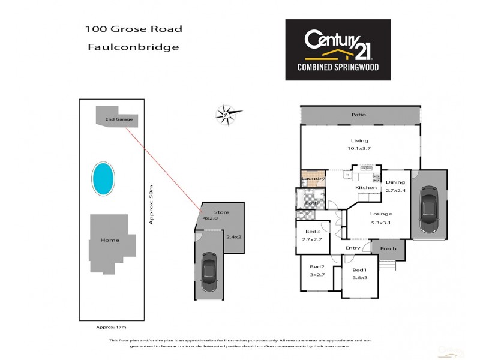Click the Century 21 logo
click(x=337, y=49)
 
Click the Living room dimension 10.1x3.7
click(x=360, y=148)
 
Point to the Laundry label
click(x=314, y=179)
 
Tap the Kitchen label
click(x=366, y=188)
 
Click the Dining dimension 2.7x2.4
click(x=395, y=190)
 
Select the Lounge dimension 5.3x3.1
click(x=380, y=223)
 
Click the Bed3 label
click(x=312, y=232)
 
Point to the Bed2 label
click(x=317, y=267)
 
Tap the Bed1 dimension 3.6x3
click(x=359, y=278)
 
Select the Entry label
click(x=353, y=248)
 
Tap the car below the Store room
click(x=209, y=272)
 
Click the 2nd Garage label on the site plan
click(x=119, y=119)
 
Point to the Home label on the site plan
click(x=110, y=240)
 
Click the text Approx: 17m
click(x=112, y=328)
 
